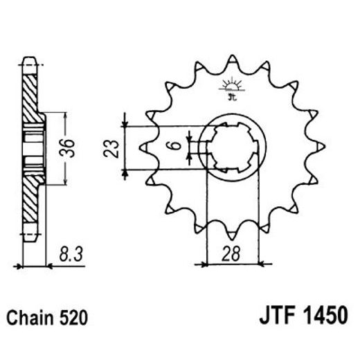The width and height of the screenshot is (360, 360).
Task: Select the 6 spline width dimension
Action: coord(176,147)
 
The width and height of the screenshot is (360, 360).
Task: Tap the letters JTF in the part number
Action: coord(262,318)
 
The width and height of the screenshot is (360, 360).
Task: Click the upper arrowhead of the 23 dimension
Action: coord(125,125)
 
